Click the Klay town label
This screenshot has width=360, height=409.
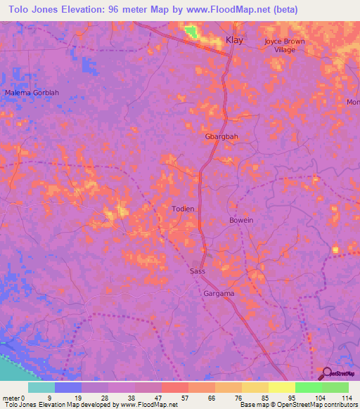[x=234, y=40]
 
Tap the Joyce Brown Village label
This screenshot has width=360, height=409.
[x=285, y=46]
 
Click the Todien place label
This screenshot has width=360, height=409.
[x=184, y=209]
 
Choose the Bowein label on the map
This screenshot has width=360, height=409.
[x=241, y=220]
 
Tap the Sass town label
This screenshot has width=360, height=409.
[x=198, y=271]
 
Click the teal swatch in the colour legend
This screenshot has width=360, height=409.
[x=41, y=387]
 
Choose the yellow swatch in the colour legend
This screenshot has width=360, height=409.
[x=281, y=387]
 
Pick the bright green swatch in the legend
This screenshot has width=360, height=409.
[x=308, y=387]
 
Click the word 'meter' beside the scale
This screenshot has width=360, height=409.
[x=11, y=398]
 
